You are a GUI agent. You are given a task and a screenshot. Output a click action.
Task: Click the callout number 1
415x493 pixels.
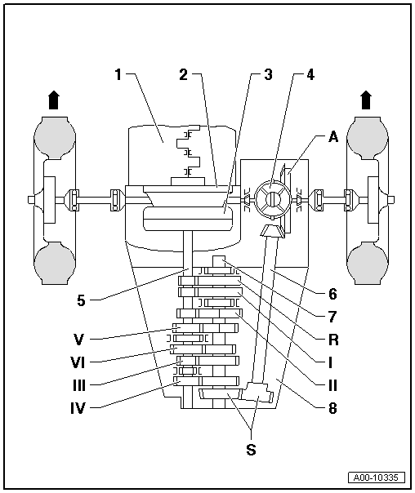point(118,74)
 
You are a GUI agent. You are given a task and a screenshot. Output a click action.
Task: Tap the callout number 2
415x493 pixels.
point(184,74)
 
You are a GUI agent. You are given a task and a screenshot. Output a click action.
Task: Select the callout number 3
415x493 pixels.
point(268,74)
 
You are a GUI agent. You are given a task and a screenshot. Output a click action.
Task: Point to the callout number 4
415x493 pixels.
point(310,74)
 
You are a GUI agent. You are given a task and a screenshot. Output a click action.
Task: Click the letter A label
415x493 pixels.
point(333,137)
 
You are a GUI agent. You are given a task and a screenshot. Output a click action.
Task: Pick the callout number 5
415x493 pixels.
point(81,300)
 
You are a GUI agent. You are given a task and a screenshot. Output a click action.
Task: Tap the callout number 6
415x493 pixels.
point(332,294)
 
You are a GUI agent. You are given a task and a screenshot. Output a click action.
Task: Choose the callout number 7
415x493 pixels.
point(332,317)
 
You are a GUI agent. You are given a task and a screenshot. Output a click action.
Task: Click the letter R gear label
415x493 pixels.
point(333,340)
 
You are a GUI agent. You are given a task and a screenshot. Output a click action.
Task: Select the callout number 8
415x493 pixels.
point(332,408)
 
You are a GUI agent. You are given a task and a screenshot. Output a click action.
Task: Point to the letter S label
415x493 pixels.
point(251,450)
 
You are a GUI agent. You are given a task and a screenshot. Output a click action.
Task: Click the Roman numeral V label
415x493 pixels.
point(78,340)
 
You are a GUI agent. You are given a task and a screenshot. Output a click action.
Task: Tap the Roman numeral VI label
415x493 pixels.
point(78,362)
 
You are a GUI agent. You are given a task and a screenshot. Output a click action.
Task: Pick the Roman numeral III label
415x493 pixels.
point(79,385)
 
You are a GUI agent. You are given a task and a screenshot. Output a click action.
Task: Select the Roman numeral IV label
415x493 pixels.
point(78,408)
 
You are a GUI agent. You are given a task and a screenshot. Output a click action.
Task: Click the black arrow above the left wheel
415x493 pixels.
point(54,100)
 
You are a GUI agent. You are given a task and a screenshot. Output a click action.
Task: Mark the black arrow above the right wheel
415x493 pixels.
point(366,100)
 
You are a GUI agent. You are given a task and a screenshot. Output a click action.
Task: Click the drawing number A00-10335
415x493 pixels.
point(377,477)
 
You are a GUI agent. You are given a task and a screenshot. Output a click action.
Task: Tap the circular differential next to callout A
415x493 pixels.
point(272,199)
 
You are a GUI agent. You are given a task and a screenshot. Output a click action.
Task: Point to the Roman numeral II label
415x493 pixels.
point(332,385)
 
